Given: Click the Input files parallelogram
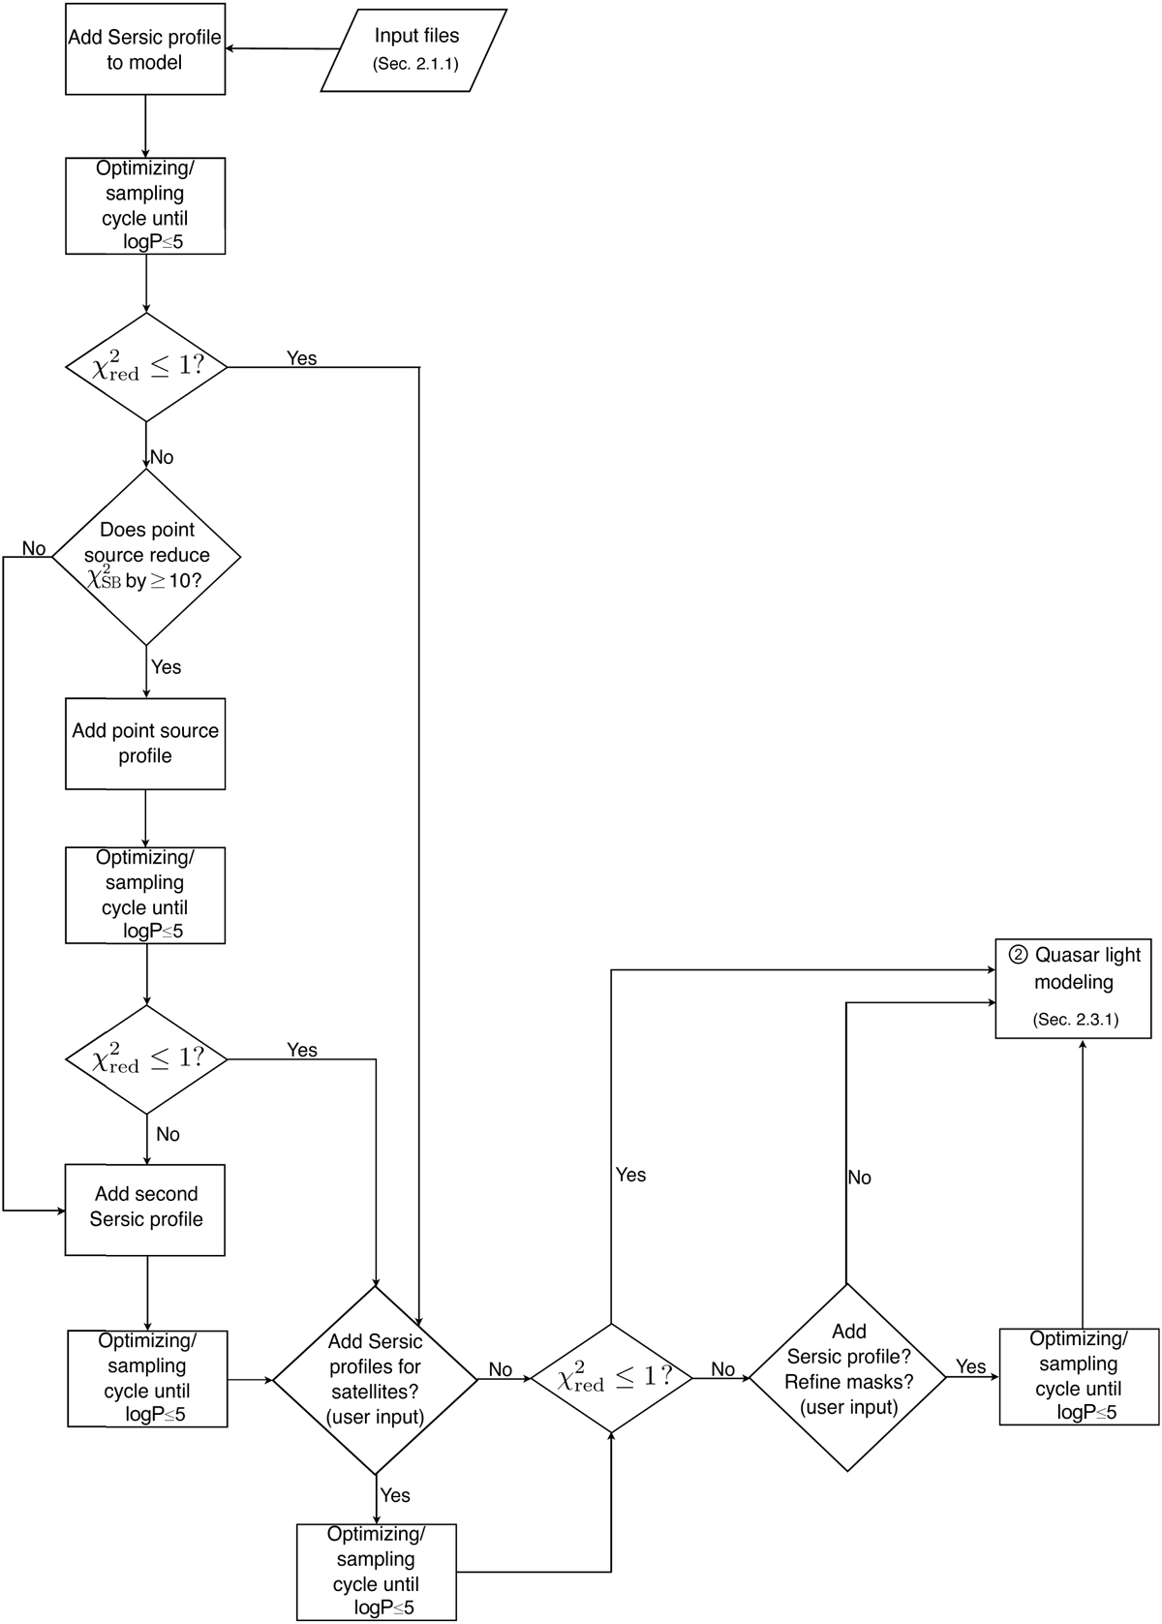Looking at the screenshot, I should [x=413, y=50].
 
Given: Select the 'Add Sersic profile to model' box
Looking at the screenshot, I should [x=145, y=49].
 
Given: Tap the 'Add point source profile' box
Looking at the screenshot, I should [x=145, y=744].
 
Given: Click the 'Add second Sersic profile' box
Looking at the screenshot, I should [x=145, y=1210].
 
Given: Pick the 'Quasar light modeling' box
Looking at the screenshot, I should [x=1074, y=988].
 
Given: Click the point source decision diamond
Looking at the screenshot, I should [x=146, y=557].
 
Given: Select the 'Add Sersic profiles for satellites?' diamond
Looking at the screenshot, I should [x=375, y=1379].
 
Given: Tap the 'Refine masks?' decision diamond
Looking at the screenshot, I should [x=848, y=1377].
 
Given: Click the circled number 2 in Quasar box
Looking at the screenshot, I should [x=1018, y=955].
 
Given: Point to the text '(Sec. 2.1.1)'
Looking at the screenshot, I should [x=415, y=65].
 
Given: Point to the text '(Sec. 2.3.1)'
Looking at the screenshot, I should [x=1075, y=1020].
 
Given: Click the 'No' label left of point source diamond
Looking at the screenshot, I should [x=34, y=549].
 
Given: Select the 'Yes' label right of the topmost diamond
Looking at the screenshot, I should [x=301, y=358].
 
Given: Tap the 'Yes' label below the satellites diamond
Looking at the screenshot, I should [x=395, y=1495].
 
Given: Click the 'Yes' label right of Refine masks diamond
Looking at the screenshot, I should [x=970, y=1366].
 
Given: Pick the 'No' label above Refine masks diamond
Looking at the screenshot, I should [x=859, y=1178].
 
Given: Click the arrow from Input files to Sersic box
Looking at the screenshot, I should [x=281, y=48].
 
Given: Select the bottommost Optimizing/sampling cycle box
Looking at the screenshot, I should [x=376, y=1572].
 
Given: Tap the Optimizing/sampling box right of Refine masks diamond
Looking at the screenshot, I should [x=1079, y=1376].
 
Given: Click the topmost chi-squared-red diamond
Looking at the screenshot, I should [x=146, y=368].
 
